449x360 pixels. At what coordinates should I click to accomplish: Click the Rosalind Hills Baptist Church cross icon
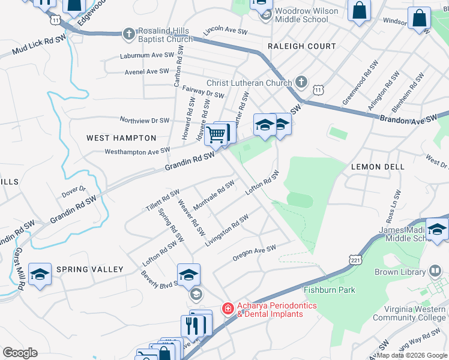point(129,34)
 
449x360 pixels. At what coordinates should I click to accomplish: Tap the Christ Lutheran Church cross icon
point(301,83)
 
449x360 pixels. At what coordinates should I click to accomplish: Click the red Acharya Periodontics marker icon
point(228,309)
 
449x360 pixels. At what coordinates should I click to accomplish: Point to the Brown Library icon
point(435,272)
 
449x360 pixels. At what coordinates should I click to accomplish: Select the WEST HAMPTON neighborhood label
point(113,138)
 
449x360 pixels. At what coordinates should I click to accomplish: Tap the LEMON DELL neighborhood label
point(378,166)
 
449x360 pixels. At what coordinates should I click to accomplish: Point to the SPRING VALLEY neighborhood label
point(90,270)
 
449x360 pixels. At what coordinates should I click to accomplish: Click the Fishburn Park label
point(330,290)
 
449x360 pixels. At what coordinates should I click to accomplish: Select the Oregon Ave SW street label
point(254,253)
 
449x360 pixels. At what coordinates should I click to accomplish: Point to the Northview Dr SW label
point(145,120)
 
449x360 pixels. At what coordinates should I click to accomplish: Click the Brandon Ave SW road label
point(409,119)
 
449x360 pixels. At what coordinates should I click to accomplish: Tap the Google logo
point(20,352)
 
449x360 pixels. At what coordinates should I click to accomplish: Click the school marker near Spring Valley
point(40,275)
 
